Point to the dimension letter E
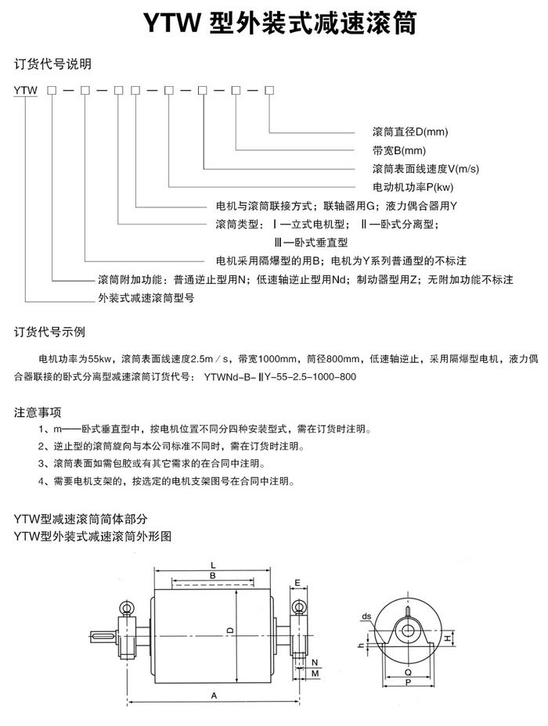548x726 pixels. pos(298,583)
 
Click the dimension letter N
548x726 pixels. pos(314,661)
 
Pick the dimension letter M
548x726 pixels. pos(314,673)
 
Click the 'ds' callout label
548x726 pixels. pos(366,615)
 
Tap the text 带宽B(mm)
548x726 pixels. pos(398,151)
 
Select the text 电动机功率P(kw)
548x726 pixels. pos(413,187)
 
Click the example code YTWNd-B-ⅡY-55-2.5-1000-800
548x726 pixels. pos(279,376)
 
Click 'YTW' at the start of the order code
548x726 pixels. pos(26,91)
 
